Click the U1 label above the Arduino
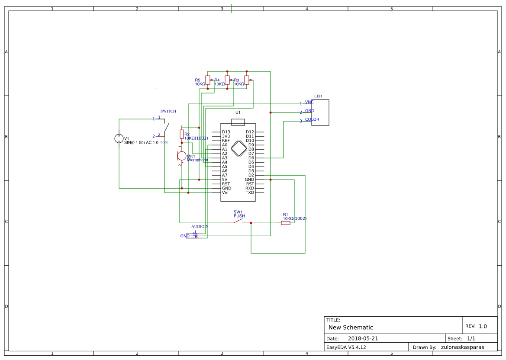pyautogui.click(x=238, y=112)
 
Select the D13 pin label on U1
pyautogui.click(x=226, y=132)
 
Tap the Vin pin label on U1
pyautogui.click(x=225, y=193)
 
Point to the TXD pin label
pyautogui.click(x=250, y=193)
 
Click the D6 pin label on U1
pyautogui.click(x=251, y=158)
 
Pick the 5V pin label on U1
pyautogui.click(x=225, y=180)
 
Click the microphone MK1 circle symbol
pyautogui.click(x=182, y=156)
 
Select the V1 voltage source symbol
pyautogui.click(x=119, y=138)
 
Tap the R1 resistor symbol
pyautogui.click(x=285, y=223)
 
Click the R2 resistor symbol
pyautogui.click(x=182, y=134)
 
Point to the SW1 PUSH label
pyautogui.click(x=239, y=214)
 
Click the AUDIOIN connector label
pyautogui.click(x=200, y=226)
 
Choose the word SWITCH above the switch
pyautogui.click(x=168, y=111)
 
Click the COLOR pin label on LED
pyautogui.click(x=312, y=119)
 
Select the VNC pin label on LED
pyautogui.click(x=309, y=102)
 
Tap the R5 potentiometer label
pyautogui.click(x=197, y=80)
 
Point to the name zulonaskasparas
pyautogui.click(x=462, y=347)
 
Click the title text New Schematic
pyautogui.click(x=351, y=328)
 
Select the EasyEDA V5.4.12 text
pyautogui.click(x=346, y=347)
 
